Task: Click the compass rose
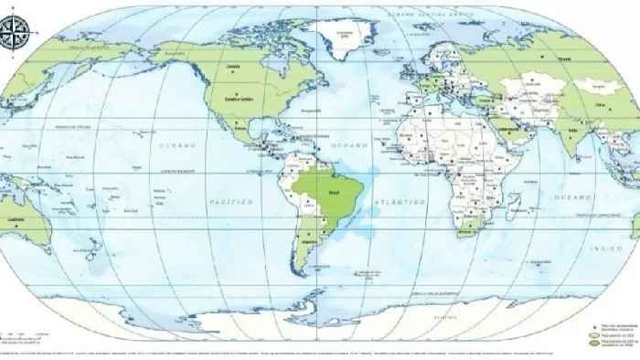point(15,34)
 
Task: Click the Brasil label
point(335,194)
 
